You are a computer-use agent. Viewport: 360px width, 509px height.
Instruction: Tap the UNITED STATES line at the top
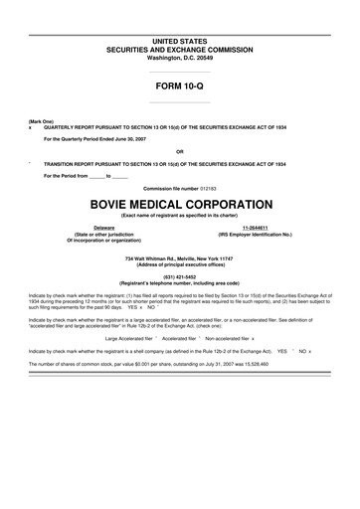coord(180,39)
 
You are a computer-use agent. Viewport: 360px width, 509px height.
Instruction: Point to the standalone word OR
coord(180,151)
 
